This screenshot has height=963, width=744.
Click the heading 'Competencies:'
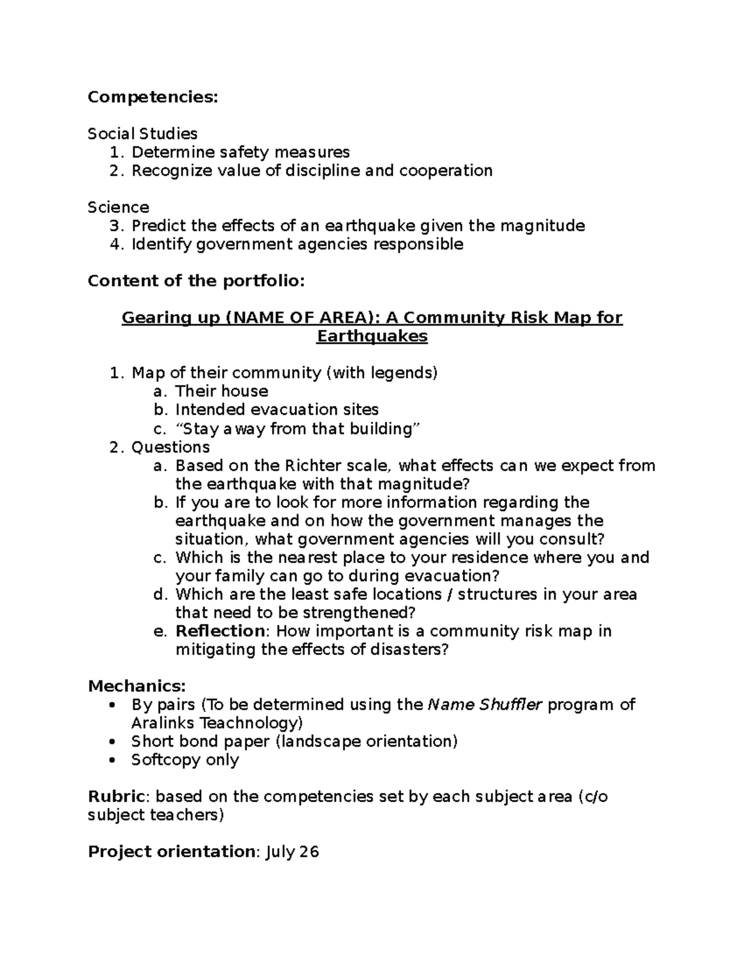coord(153,97)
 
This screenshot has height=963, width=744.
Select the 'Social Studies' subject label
coord(143,134)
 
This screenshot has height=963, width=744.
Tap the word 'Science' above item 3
coord(118,207)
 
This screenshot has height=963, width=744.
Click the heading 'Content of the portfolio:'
coord(197,281)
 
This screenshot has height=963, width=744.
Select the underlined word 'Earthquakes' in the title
coord(372,337)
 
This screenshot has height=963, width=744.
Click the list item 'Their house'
coord(221,391)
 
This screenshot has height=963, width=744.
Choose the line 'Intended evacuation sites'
coord(277,410)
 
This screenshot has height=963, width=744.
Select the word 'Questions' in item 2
coord(170,447)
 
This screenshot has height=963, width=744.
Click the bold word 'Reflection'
coord(220,631)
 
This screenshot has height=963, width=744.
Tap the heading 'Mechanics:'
coord(136,686)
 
